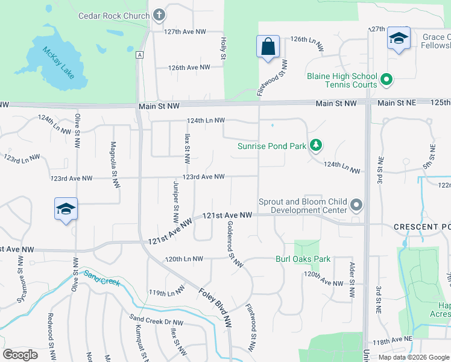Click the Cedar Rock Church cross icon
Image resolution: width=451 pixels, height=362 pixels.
coord(159,15)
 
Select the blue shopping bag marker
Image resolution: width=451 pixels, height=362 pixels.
coord(268,48)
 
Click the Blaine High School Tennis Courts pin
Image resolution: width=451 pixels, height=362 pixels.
coord(387,80)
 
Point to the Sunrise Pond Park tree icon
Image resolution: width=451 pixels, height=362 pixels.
coord(315,145)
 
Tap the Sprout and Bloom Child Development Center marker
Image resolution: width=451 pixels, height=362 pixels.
coord(356,206)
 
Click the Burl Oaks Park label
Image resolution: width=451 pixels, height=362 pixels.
coord(303,259)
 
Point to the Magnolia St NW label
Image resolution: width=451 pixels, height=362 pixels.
coord(113,167)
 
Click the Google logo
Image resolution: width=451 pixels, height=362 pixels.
coord(20,355)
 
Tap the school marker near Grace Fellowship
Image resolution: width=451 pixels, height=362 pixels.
coord(399,39)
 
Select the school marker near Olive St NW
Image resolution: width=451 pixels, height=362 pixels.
coord(66,210)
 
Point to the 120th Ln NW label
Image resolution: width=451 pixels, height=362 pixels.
coord(184,259)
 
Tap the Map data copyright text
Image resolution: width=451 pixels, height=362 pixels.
coord(413,357)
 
